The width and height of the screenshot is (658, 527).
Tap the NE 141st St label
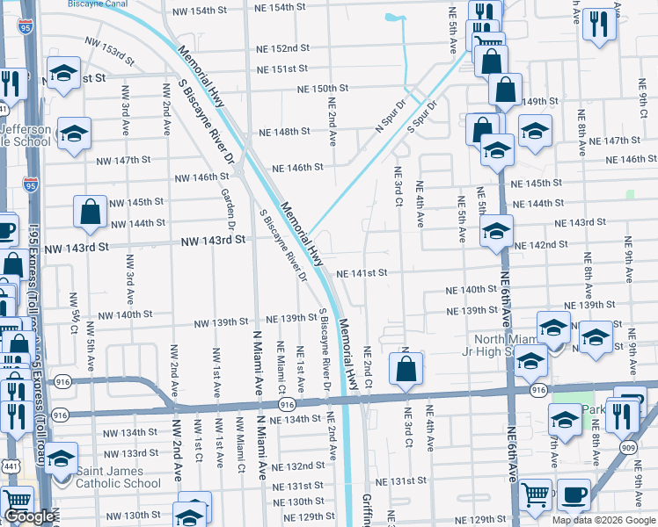(362, 273)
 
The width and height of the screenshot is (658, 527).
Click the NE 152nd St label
(284, 48)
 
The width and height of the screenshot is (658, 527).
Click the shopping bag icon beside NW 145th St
(91, 212)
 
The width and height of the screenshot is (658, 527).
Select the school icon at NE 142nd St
(496, 232)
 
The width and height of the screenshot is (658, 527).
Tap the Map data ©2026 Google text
(603, 520)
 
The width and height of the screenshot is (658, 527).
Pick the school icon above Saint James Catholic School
(61, 459)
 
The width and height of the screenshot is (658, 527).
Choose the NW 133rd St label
(130, 453)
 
